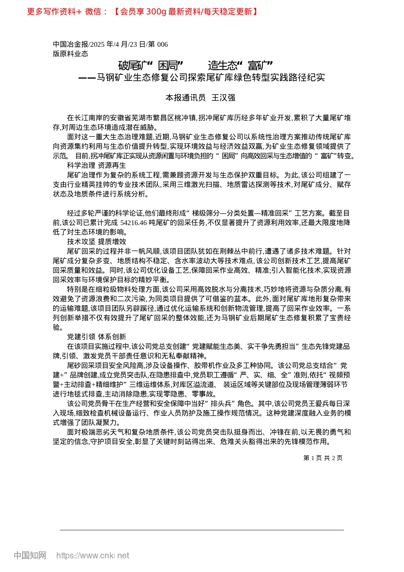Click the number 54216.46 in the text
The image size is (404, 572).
point(134,223)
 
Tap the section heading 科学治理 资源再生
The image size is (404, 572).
point(97,166)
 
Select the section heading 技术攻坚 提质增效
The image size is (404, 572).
point(97,242)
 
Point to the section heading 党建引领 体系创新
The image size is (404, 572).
point(97,337)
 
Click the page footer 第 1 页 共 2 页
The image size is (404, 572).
point(323,458)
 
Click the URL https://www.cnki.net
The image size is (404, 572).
point(93,555)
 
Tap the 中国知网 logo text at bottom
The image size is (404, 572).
point(30,555)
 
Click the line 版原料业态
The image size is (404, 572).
point(70,54)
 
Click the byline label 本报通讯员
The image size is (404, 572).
point(185,98)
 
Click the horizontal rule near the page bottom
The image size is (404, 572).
point(202,530)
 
